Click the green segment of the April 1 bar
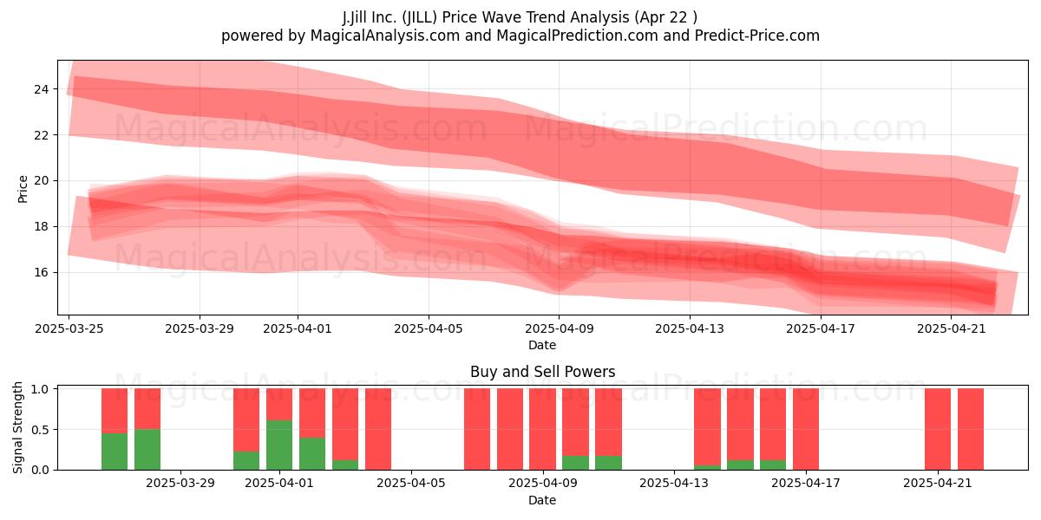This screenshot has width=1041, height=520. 279,445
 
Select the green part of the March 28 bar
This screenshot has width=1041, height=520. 147,450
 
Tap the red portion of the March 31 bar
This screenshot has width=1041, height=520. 246,419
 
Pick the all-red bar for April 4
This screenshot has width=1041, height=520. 378,429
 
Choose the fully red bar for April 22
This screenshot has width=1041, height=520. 971,429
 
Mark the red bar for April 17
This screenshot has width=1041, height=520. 806,429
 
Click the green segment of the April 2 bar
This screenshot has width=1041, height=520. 312,453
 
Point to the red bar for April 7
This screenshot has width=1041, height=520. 477,429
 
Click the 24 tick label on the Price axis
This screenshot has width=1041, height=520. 42,89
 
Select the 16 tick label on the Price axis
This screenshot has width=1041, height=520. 42,272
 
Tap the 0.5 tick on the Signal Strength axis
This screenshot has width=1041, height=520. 40,430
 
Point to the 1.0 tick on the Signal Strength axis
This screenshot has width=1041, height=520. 40,389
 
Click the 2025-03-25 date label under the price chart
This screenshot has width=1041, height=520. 69,328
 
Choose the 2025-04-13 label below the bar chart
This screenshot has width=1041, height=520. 674,484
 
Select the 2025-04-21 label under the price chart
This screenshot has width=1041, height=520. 952,328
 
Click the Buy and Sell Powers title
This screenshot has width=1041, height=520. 542,372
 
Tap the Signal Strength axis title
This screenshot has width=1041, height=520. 17,427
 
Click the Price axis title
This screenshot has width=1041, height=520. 23,190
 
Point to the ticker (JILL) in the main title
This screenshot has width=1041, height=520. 420,17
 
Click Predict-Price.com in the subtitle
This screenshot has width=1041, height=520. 757,36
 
